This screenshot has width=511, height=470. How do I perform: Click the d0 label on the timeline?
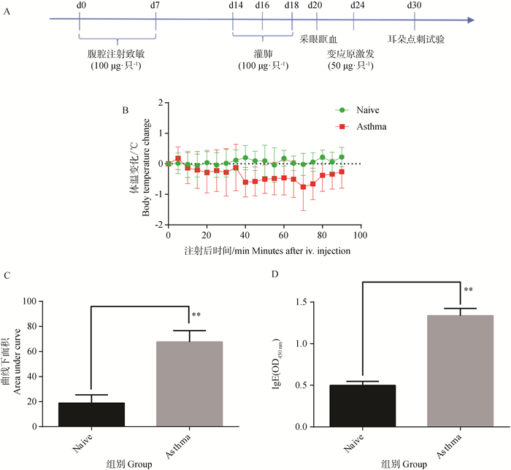pyautogui.click(x=79, y=6)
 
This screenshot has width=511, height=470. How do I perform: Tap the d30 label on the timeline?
pyautogui.click(x=414, y=6)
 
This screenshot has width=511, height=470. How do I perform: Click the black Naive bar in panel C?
pyautogui.click(x=91, y=415)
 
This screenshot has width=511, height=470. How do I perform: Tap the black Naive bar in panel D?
pyautogui.click(x=363, y=406)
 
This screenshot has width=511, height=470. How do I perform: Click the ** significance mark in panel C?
pyautogui.click(x=196, y=315)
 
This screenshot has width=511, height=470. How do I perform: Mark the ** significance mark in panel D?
pyautogui.click(x=468, y=290)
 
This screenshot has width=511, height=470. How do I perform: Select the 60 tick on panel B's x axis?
pyautogui.click(x=283, y=235)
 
